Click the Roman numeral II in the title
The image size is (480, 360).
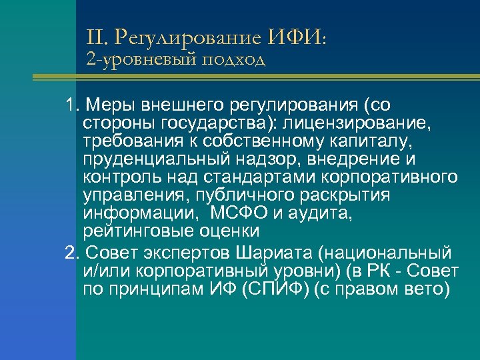tap(95, 36)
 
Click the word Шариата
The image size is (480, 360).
tap(275, 253)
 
